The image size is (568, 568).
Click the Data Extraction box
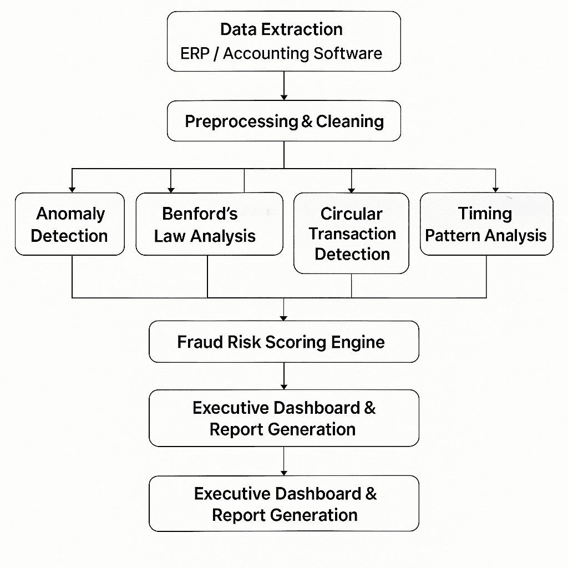click(x=283, y=41)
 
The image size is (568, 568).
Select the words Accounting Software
click(x=302, y=54)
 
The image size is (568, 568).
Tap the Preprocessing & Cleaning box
click(x=283, y=121)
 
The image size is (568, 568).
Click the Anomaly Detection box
click(x=70, y=224)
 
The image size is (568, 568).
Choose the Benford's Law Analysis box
click(x=209, y=224)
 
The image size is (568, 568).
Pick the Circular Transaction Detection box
click(x=351, y=234)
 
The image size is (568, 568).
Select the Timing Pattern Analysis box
click(x=486, y=224)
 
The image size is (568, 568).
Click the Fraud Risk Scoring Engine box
click(x=283, y=342)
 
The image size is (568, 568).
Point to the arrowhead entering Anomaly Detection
click(x=72, y=189)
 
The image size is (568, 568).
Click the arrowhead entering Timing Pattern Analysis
click(x=495, y=189)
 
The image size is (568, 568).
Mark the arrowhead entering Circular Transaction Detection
click(x=352, y=189)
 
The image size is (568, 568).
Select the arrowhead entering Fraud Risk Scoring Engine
click(x=283, y=317)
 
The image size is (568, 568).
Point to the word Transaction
click(x=352, y=234)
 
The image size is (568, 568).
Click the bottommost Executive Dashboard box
click(x=283, y=504)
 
